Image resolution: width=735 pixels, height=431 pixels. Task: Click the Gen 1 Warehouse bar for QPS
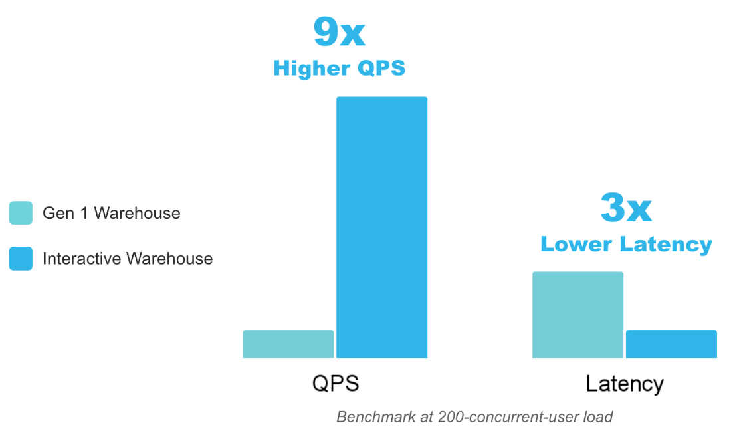coord(288,344)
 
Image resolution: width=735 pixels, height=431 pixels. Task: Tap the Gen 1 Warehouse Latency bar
coord(577,315)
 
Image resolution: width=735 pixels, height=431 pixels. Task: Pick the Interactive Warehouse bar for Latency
coord(671,344)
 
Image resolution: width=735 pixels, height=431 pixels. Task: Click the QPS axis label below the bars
coord(335,384)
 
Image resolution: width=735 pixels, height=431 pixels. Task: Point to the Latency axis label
coord(625,384)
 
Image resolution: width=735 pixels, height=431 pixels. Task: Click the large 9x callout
coord(339,32)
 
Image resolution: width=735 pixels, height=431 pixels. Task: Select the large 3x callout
coord(625,208)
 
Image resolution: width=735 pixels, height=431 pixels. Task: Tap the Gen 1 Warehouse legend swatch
coord(21,213)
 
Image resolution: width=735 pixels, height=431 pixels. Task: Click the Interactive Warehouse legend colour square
coord(21,259)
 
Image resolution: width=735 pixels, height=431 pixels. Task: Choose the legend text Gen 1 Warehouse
coord(112,213)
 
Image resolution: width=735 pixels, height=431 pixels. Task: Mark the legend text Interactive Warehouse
coord(128,259)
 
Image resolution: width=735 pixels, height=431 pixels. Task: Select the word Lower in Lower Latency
coord(575,244)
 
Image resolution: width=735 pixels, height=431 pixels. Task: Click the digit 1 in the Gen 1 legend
coord(84,213)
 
